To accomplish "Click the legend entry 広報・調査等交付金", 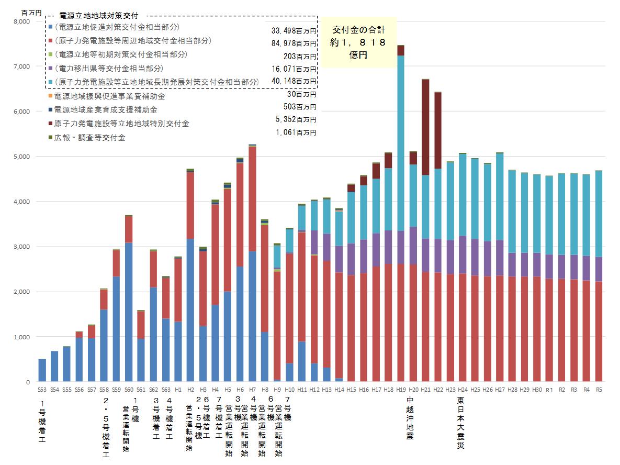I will (x=89, y=137).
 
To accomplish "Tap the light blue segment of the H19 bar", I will (x=401, y=141).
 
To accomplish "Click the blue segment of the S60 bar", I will (x=129, y=312).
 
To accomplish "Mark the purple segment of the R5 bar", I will (x=599, y=269).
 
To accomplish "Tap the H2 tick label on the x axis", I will (x=190, y=390).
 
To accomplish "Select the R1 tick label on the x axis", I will (x=549, y=390).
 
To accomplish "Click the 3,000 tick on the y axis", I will (x=22, y=247).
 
